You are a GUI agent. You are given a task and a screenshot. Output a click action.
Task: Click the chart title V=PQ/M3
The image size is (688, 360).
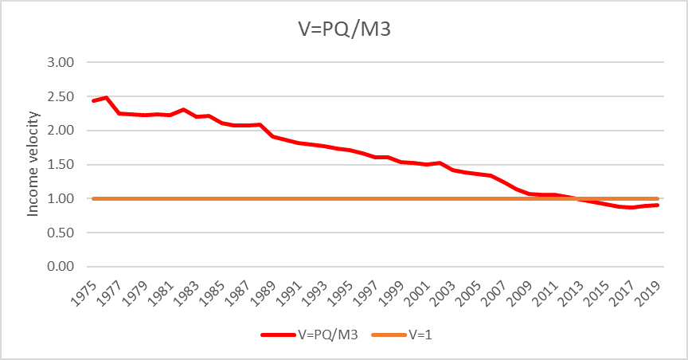tap(343, 29)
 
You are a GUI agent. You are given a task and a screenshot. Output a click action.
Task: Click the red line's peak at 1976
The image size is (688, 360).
tap(106, 97)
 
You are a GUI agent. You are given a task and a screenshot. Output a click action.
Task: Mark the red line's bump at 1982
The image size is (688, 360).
tap(183, 110)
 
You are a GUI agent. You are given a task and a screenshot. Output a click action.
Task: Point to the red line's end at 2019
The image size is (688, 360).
tap(659, 205)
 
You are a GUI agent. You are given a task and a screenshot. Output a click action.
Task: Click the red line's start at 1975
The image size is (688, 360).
tap(93, 101)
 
